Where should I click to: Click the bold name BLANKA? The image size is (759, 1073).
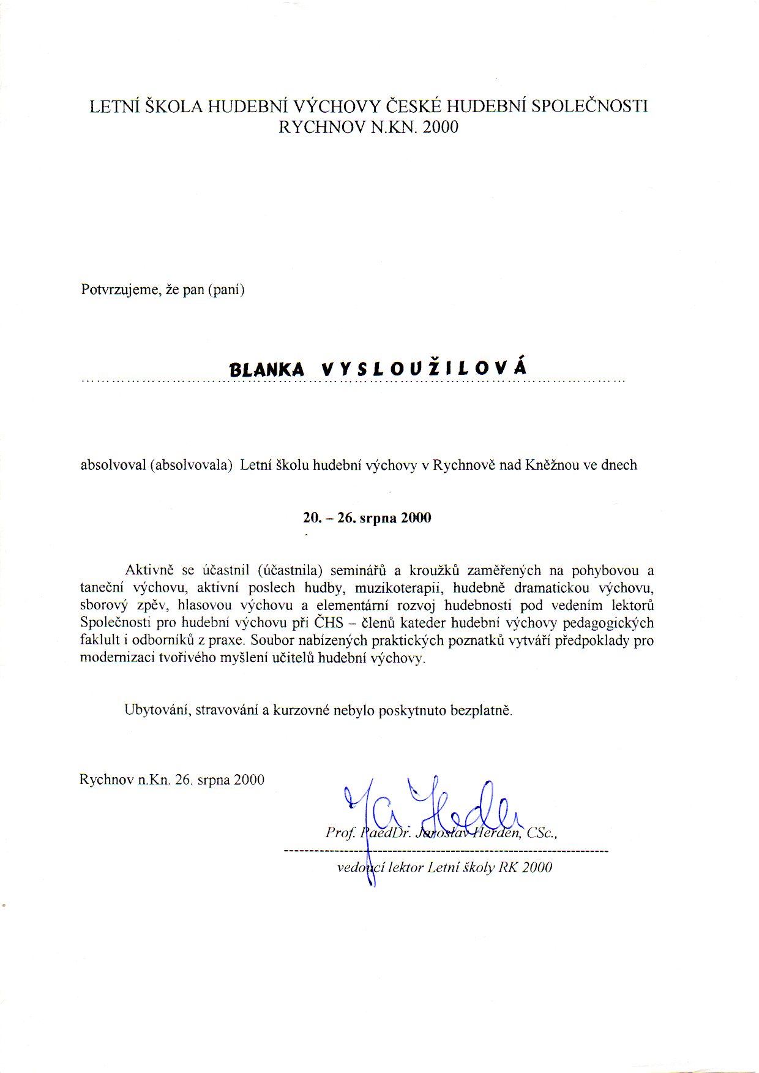pos(266,369)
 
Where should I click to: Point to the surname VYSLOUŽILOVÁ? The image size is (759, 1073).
pos(424,368)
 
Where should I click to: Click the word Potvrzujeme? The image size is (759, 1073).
pos(120,289)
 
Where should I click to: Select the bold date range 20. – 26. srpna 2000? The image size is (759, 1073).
pos(367,518)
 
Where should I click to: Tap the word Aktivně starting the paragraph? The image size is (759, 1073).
pos(150,570)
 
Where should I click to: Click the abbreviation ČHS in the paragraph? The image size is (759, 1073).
pos(329,623)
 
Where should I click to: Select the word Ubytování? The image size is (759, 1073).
pos(157,710)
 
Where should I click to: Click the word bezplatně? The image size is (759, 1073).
pos(482,710)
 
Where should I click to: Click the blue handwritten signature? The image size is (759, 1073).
pos(428,808)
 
